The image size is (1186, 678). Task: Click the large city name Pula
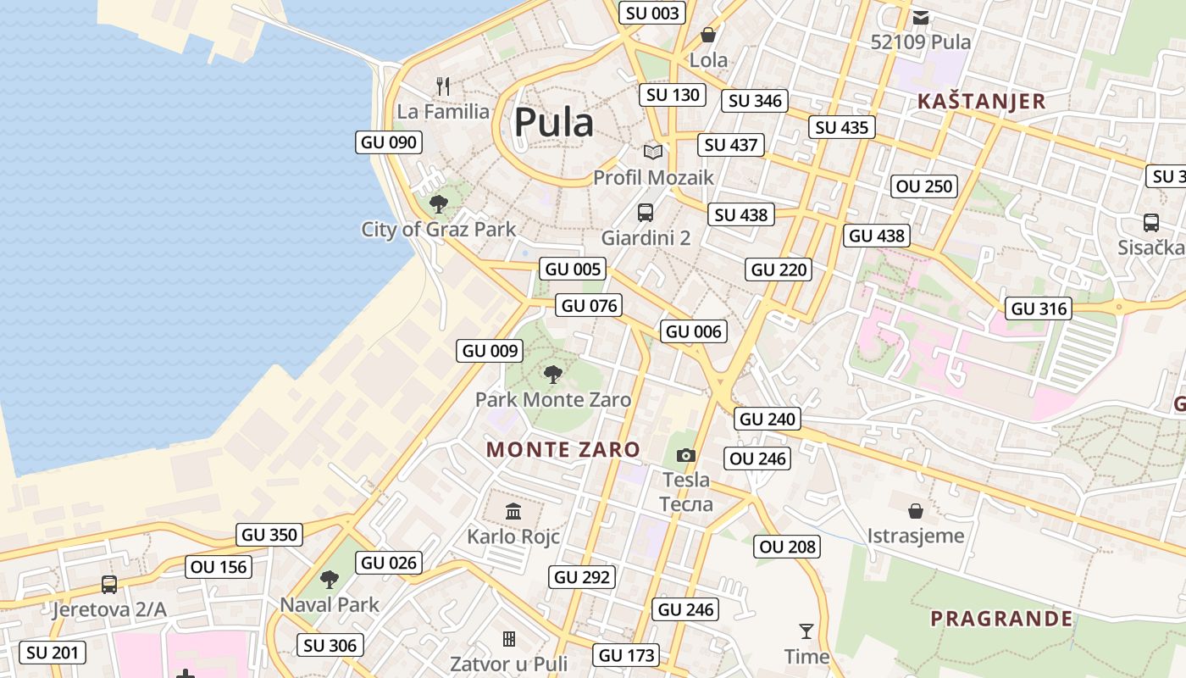[554, 122]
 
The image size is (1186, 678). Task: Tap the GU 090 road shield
[389, 142]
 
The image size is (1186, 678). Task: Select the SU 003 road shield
[651, 13]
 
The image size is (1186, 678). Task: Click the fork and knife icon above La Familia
[442, 86]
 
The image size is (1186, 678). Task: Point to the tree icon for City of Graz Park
[438, 203]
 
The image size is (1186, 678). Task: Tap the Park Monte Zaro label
[552, 400]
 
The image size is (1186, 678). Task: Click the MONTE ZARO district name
[563, 449]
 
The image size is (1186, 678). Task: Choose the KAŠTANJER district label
[981, 102]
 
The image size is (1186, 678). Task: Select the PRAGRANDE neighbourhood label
[1001, 619]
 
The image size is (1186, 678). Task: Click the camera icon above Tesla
[686, 456]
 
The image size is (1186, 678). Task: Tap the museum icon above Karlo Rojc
[513, 511]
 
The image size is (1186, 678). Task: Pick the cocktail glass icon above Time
[806, 631]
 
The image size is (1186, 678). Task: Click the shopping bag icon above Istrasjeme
[916, 510]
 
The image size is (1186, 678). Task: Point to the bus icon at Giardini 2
[646, 213]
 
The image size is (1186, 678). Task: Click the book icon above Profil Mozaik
[652, 153]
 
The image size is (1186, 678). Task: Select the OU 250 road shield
[924, 186]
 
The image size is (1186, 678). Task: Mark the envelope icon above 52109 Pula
[921, 17]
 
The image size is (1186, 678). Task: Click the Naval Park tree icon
[330, 580]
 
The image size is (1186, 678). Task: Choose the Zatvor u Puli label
[508, 664]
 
